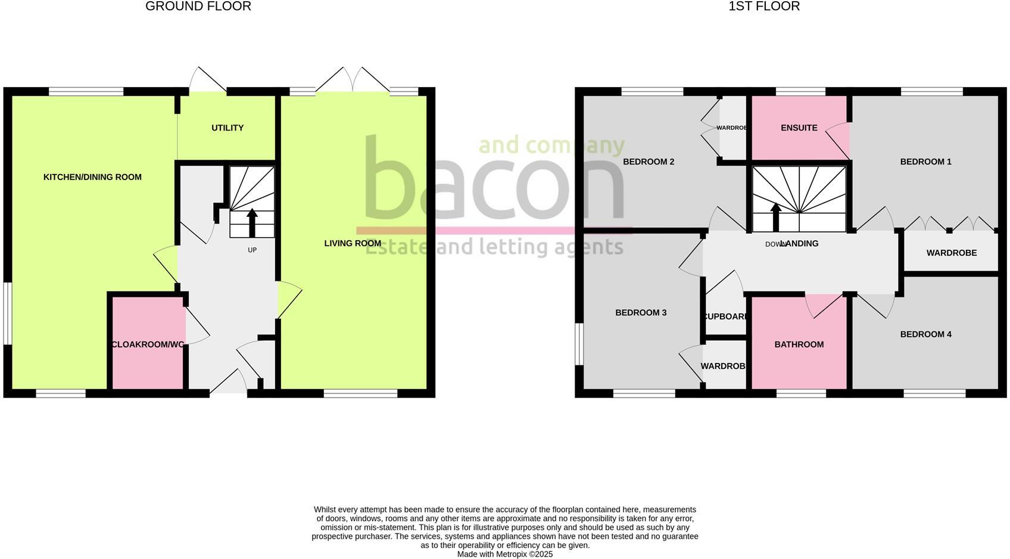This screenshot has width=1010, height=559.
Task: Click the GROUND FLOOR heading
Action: pos(198,7)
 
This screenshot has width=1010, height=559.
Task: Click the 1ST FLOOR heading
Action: pos(763,7)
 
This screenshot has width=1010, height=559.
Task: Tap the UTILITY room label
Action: pos(227,128)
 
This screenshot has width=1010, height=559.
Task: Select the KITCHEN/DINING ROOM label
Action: pos(92,177)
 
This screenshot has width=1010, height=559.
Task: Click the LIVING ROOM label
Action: pos(353,243)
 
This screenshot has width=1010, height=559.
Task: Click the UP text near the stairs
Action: pos(252,250)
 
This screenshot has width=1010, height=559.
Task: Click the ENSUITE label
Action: pos(799,128)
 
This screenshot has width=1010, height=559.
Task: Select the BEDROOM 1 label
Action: pos(925,162)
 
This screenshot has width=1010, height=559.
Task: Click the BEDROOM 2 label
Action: pos(648,162)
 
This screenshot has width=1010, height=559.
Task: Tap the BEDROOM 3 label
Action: pos(640,313)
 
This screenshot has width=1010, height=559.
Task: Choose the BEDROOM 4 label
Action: pos(925,334)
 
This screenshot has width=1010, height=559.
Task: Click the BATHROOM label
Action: pos(799,344)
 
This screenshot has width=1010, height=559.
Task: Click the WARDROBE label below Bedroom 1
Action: pos(951,253)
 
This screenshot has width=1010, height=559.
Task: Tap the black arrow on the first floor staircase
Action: pos(775,217)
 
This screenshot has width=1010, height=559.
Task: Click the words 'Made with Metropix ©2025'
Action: pos(504,554)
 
